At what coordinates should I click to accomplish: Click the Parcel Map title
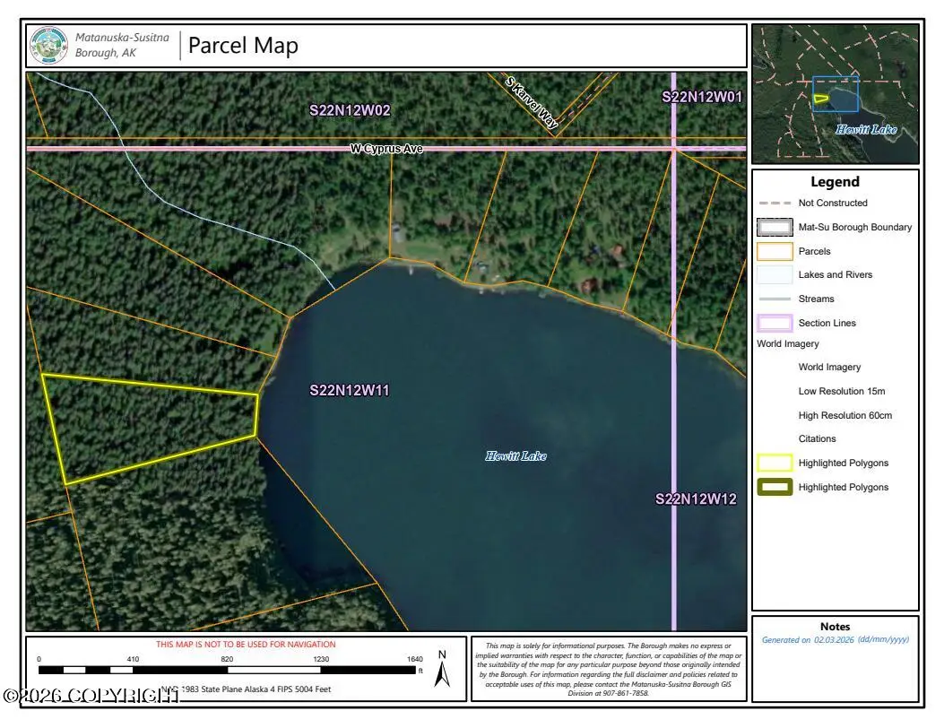[243, 46]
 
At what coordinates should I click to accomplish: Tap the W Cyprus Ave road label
[385, 148]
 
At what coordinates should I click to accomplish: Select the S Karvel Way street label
[532, 103]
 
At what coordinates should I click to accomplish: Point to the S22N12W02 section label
[350, 110]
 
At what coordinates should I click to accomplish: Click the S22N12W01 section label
[702, 97]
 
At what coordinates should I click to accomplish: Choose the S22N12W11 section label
[350, 390]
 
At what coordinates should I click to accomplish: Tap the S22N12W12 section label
[696, 498]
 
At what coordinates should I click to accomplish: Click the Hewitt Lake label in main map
[515, 456]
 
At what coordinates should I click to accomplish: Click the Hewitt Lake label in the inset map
[866, 130]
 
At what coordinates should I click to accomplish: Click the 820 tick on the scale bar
[227, 659]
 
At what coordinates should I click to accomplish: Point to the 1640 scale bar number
[414, 659]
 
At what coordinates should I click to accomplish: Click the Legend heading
[835, 182]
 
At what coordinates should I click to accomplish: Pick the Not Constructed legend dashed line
[775, 204]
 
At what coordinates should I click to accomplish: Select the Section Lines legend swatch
[775, 323]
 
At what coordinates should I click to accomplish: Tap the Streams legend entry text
[816, 299]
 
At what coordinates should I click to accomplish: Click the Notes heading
[835, 627]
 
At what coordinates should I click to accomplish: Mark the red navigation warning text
[246, 645]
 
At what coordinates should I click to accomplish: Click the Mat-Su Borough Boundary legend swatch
[775, 227]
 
